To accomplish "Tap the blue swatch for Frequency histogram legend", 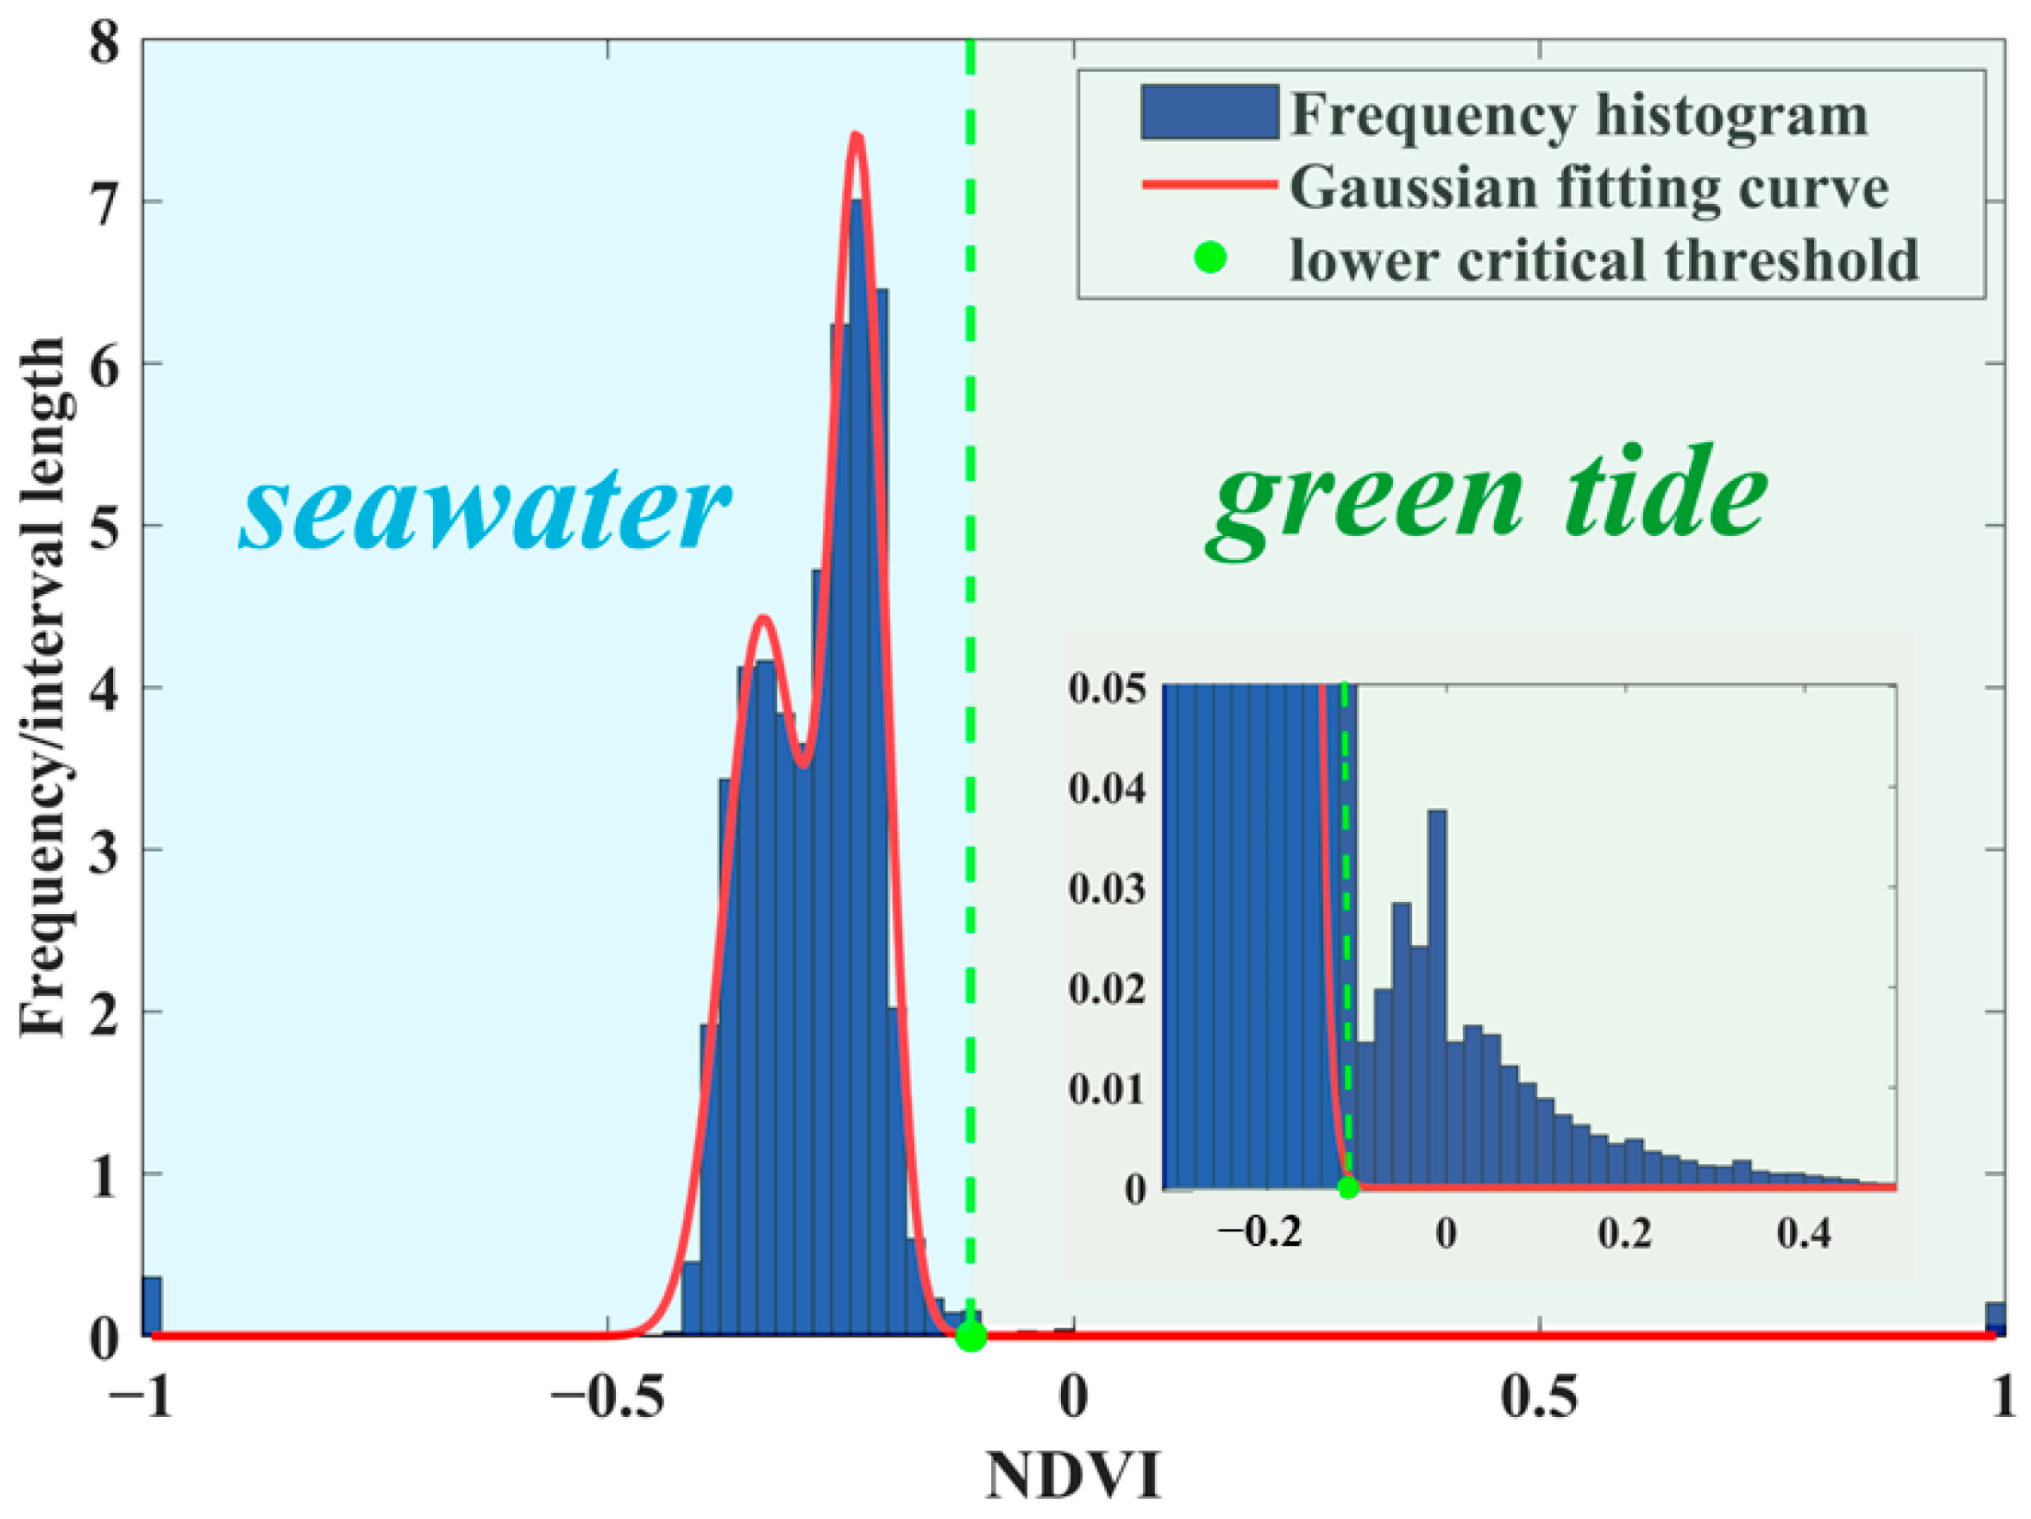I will click(1209, 112).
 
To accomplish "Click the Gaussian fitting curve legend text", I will click(1588, 188).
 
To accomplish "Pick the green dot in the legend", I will click(1210, 258).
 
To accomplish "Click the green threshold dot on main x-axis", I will click(971, 1336).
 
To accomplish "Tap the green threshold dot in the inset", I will click(1348, 1187).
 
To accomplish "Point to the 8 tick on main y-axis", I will click(105, 42).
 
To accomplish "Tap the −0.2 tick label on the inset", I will click(1260, 1232).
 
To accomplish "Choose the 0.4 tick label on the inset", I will click(1803, 1232).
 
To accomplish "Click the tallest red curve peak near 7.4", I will click(856, 136).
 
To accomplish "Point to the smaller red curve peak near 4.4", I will click(762, 618).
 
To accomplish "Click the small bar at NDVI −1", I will click(152, 1306).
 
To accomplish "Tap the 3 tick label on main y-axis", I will click(105, 851).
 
